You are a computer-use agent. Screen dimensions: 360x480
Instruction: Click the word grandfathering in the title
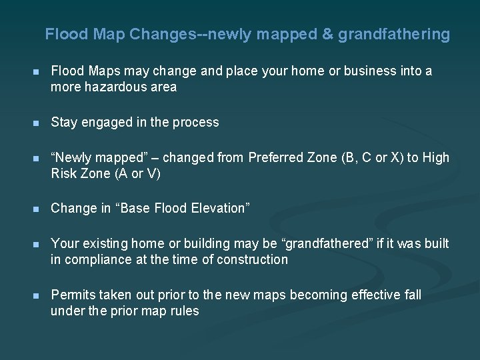click(393, 34)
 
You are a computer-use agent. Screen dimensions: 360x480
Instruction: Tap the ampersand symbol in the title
click(327, 34)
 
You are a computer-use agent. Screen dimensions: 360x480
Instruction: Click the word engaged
click(103, 122)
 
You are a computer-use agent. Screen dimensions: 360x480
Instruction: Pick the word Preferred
click(274, 157)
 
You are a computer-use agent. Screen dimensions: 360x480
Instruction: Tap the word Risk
click(65, 174)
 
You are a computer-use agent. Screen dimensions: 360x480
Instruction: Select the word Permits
click(72, 295)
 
